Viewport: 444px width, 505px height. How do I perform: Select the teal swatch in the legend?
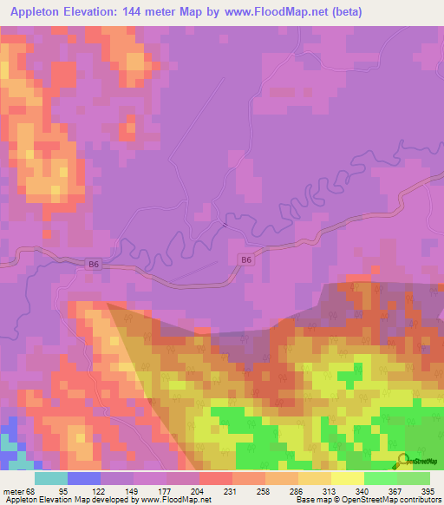point(50,478)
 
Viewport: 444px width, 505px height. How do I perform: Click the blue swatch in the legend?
point(83,478)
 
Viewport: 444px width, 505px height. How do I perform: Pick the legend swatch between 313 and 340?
point(347,478)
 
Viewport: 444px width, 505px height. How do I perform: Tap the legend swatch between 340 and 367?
point(380,478)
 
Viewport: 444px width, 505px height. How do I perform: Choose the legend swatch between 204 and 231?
point(215,478)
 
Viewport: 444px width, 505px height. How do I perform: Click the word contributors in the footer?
point(415,499)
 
